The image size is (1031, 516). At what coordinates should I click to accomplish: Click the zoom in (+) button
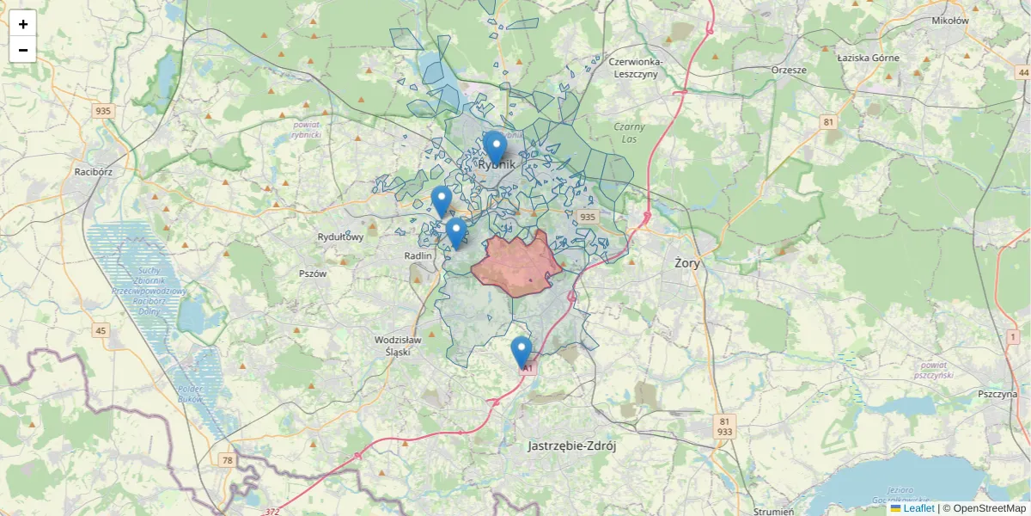(x=23, y=24)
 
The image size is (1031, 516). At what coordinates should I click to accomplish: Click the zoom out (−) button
(x=23, y=50)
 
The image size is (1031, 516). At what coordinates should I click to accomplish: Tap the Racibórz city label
(x=94, y=171)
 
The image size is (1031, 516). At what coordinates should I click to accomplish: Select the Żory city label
(x=687, y=263)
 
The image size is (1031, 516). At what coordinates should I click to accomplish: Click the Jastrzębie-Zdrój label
(x=572, y=446)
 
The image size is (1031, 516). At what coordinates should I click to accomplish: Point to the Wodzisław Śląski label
(x=399, y=345)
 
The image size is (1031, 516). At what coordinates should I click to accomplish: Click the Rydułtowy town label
(x=341, y=236)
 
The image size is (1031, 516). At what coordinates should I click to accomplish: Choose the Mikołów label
(x=950, y=20)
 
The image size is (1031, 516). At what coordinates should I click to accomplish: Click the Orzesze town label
(x=789, y=70)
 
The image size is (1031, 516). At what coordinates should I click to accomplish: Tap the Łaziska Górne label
(x=868, y=58)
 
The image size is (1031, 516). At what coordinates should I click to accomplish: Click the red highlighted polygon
(x=515, y=265)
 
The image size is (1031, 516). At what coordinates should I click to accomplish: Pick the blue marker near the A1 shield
(x=521, y=352)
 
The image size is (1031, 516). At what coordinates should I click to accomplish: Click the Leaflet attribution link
(x=918, y=508)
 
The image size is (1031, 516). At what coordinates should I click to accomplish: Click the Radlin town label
(x=418, y=255)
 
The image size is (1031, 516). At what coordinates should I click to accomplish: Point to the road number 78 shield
(x=227, y=461)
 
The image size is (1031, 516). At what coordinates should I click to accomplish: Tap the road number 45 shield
(x=101, y=331)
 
